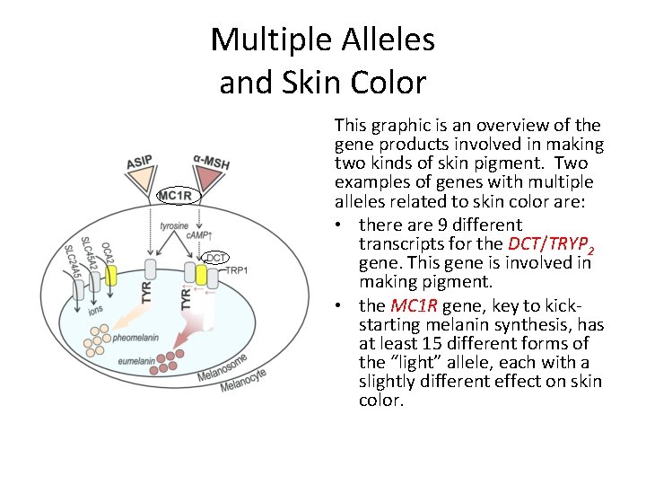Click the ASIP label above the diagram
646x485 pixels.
[139, 163]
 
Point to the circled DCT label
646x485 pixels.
[215, 258]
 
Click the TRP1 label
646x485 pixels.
[237, 270]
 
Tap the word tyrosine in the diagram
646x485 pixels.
[176, 225]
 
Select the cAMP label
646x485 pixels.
[199, 234]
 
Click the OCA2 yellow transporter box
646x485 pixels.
[111, 274]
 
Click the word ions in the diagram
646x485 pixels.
[95, 312]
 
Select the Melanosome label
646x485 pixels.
[225, 363]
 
